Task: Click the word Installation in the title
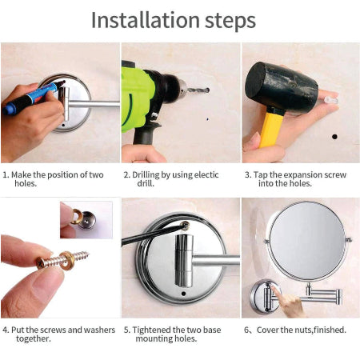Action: (x=146, y=20)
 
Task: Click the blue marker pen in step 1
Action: (x=32, y=98)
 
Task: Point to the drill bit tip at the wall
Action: (x=208, y=90)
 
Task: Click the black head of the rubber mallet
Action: (x=282, y=86)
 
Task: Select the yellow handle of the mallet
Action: (x=271, y=130)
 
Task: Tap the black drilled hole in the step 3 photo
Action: (x=334, y=137)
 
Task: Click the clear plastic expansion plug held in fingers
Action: (x=331, y=100)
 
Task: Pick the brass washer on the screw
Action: (x=66, y=261)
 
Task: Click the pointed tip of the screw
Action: (x=87, y=253)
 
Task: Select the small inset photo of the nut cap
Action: (x=86, y=220)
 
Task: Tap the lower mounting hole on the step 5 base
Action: (x=183, y=294)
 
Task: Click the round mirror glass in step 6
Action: (x=307, y=241)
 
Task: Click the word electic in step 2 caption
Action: (x=206, y=175)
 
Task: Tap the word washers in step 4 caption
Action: (x=99, y=330)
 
